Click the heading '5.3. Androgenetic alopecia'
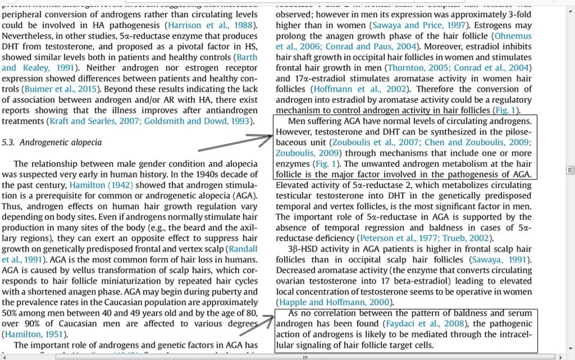click(52, 142)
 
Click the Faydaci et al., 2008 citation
click(424, 324)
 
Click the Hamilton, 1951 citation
click(34, 334)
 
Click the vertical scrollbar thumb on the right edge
click(570, 170)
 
